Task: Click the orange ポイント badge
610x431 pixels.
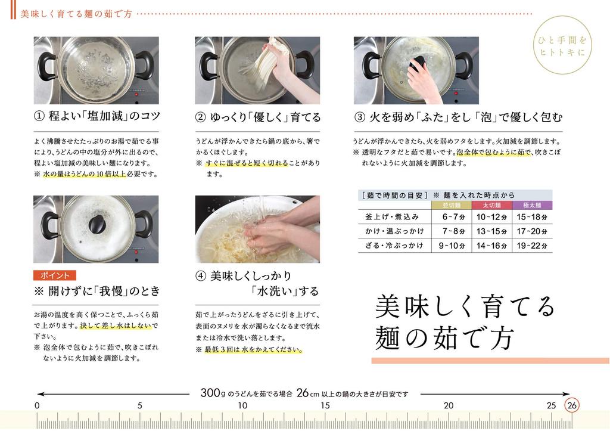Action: click(x=54, y=275)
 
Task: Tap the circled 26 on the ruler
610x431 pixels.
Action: click(x=571, y=405)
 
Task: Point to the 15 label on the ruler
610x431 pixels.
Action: click(x=325, y=406)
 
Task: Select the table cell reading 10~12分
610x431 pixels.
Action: click(x=491, y=217)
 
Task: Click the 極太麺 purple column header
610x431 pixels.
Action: click(x=532, y=205)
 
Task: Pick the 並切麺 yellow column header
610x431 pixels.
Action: click(x=452, y=205)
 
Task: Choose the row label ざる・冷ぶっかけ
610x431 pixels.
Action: click(x=394, y=246)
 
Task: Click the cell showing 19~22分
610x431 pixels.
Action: click(x=532, y=246)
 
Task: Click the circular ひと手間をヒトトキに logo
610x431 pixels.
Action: click(x=562, y=45)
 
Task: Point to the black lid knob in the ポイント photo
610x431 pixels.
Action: click(x=97, y=224)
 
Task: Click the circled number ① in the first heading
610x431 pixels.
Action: click(x=39, y=116)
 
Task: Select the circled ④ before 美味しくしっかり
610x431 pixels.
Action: click(x=200, y=276)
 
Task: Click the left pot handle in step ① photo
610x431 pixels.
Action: click(x=46, y=67)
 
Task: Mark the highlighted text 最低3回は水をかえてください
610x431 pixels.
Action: click(x=254, y=349)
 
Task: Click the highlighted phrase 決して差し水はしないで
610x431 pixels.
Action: click(x=119, y=325)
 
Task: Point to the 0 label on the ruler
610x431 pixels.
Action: click(x=37, y=406)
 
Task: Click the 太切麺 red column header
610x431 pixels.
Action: click(x=491, y=205)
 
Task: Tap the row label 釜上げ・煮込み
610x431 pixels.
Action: click(x=392, y=217)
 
